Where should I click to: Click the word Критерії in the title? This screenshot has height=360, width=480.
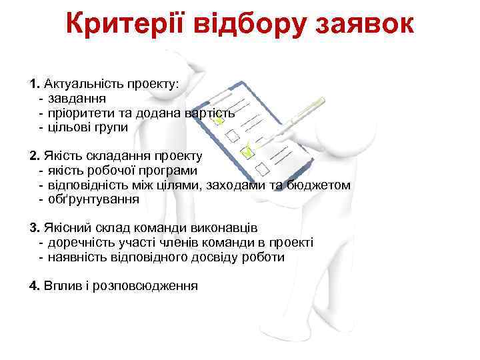pos(127,25)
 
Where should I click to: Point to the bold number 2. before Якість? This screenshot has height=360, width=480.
pos(35,156)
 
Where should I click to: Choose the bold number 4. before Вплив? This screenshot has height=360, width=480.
pos(35,286)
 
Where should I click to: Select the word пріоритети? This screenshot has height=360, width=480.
pos(81,113)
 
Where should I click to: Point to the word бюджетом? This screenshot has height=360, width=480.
pos(319,185)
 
